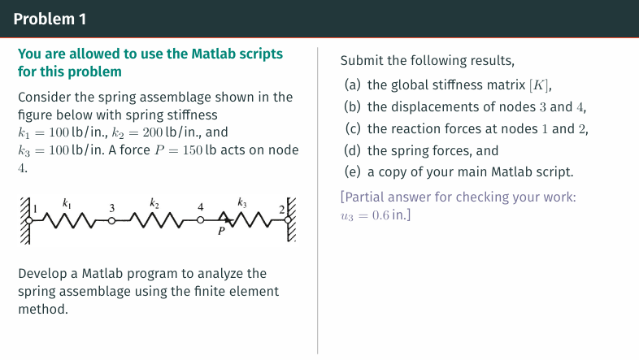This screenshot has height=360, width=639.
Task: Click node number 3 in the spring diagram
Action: pos(111,206)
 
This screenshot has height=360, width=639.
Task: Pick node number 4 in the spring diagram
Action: pos(199,206)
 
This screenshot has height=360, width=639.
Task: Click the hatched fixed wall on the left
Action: pos(24,219)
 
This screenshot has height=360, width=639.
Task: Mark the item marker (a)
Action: pos(353,85)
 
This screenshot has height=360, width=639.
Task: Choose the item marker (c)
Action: pos(353,128)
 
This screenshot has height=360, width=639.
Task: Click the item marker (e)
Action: pos(353,171)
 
